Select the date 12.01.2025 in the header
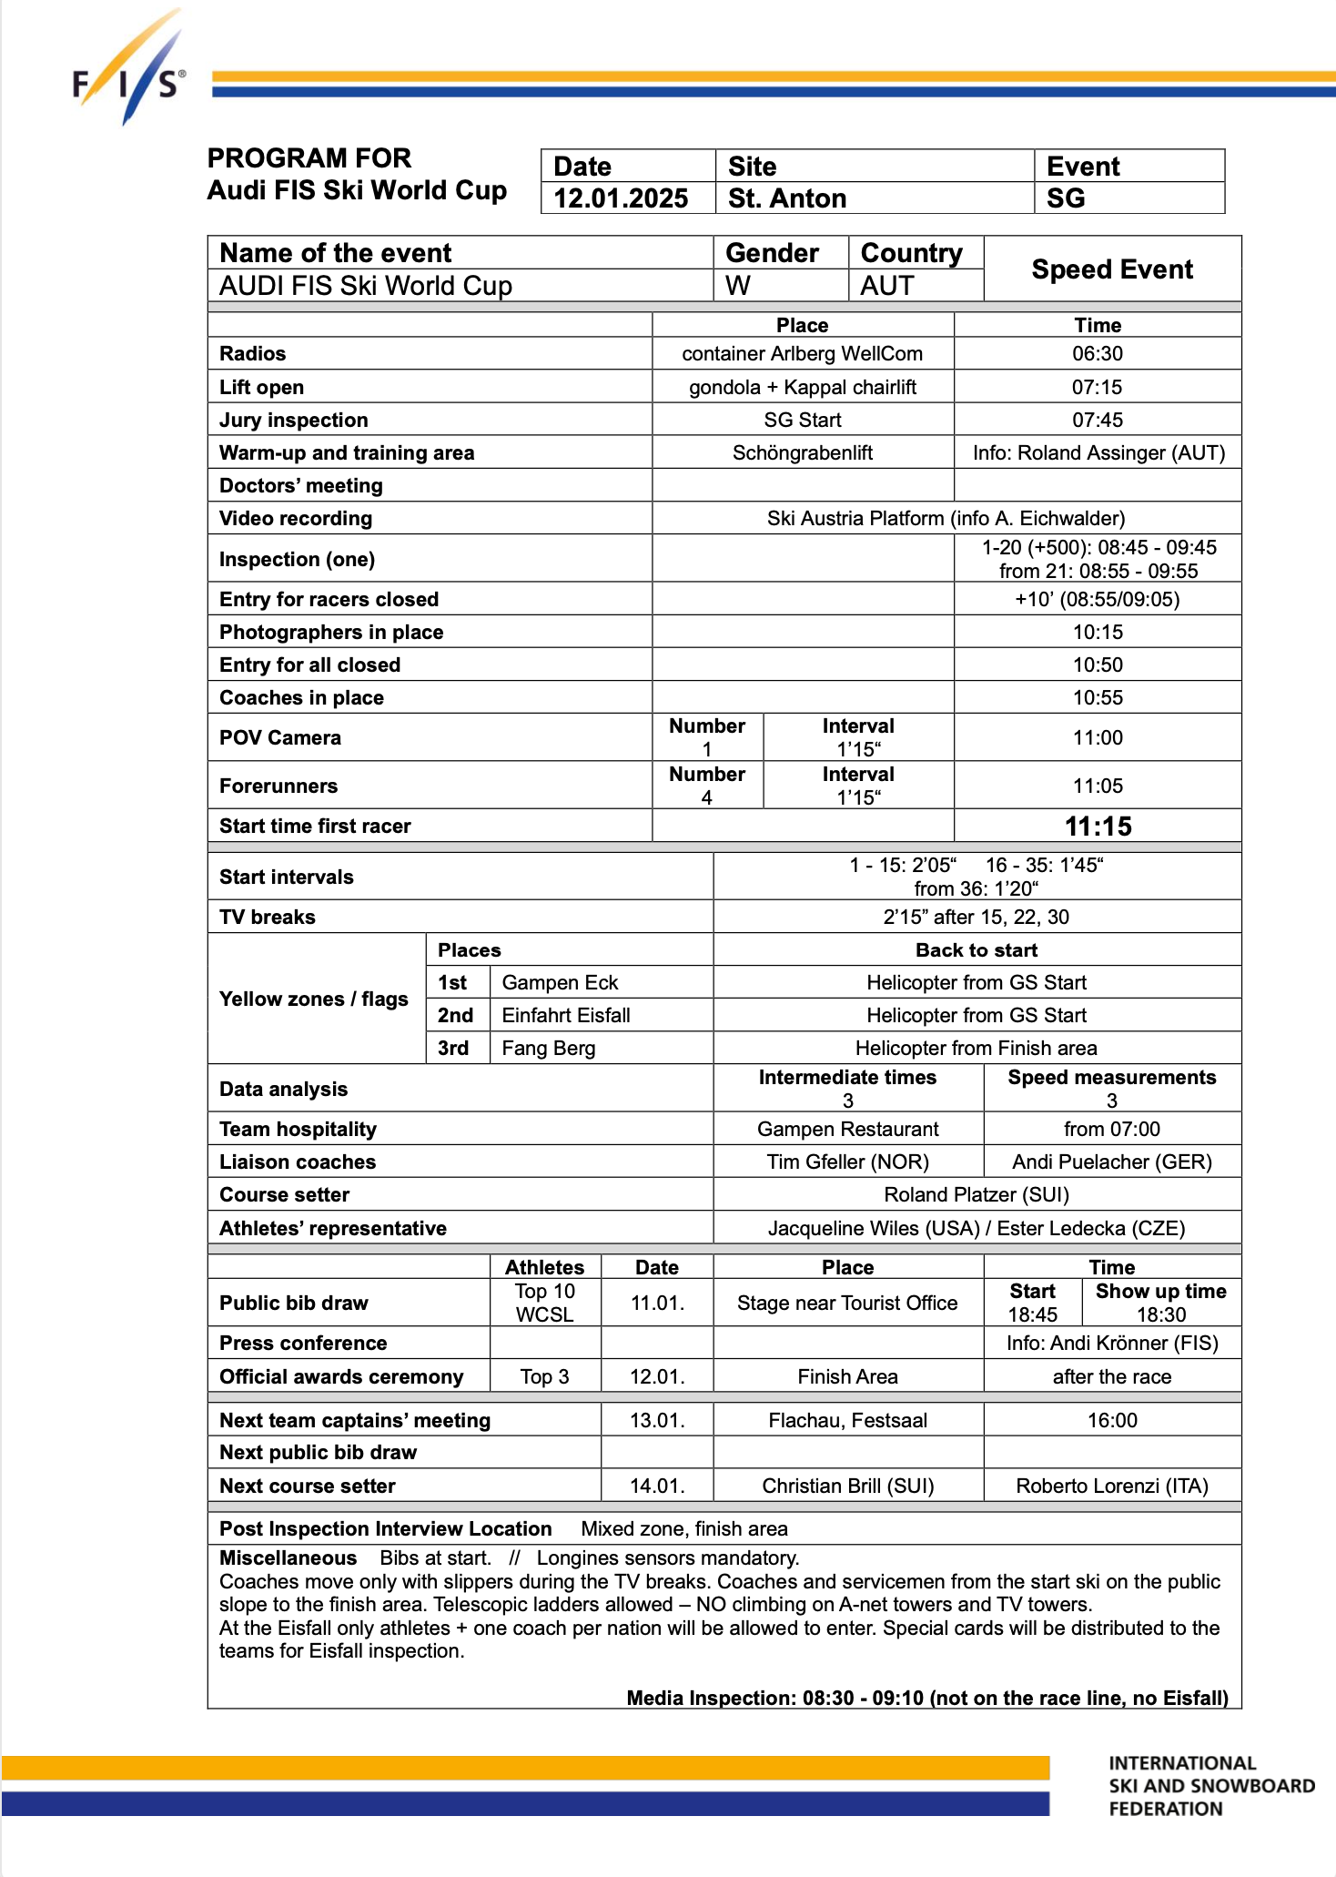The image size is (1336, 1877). pos(621,198)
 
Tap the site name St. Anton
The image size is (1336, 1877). pos(787,198)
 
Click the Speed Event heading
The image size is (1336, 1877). pos(1111,269)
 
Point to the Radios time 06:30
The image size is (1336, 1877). pos(1097,354)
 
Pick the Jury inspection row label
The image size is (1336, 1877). pos(294,420)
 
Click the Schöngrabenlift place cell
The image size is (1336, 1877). pos(802,453)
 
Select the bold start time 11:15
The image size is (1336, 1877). pos(1098,827)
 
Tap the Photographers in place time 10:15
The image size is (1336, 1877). pos(1098,633)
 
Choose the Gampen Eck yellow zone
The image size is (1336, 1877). pos(560,983)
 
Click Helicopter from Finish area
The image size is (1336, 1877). pos(976,1049)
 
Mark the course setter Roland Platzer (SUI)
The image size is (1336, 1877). pos(976,1195)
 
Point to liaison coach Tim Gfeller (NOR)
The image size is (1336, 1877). pos(847,1162)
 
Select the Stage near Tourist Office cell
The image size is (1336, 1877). pos(846,1304)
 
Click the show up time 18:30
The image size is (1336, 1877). pos(1160,1315)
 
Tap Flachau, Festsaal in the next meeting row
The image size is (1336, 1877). pos(847,1421)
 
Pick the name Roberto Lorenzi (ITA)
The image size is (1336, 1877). pos(1111,1486)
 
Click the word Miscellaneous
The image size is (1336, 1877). pos(288,1558)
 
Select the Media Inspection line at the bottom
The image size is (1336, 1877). pos(926,1698)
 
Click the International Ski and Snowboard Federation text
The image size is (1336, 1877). pos(1210,1786)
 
